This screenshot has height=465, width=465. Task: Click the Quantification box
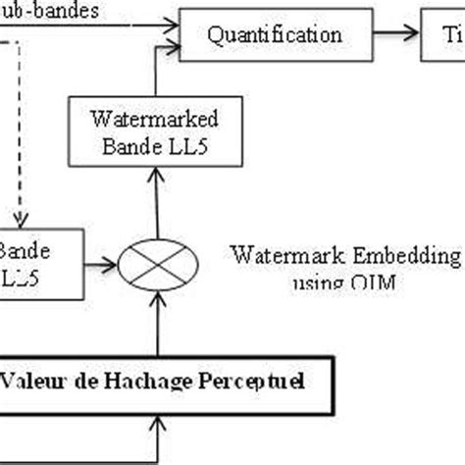275,34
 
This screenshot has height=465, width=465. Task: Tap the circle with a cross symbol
154,263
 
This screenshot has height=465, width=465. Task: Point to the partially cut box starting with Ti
442,34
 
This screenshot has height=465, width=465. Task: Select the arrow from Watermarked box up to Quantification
154,77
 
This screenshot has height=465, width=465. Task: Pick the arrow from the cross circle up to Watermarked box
154,196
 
